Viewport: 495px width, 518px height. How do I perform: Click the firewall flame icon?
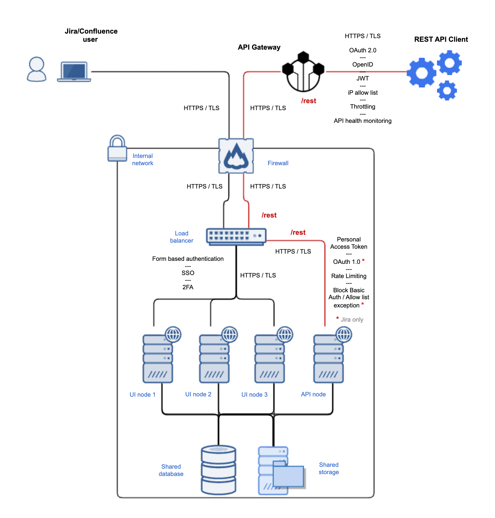pyautogui.click(x=236, y=156)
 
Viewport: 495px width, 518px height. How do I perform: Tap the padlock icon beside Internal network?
pyautogui.click(x=117, y=149)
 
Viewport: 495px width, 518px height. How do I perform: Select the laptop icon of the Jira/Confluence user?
pyautogui.click(x=74, y=72)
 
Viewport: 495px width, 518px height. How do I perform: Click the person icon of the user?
pyautogui.click(x=37, y=70)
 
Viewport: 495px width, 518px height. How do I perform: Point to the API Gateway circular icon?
pyautogui.click(x=303, y=73)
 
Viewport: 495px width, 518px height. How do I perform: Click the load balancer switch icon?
pyautogui.click(x=236, y=236)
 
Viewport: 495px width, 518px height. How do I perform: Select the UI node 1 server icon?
pyautogui.click(x=158, y=359)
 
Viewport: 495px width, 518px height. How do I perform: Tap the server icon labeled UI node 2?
pyautogui.click(x=214, y=359)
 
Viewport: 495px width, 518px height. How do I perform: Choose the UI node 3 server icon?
pyautogui.click(x=270, y=359)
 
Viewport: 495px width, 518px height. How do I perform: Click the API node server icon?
pyautogui.click(x=328, y=359)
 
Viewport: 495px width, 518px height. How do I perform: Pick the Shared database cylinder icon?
pyautogui.click(x=218, y=470)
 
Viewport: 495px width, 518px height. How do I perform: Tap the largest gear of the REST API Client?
pyautogui.click(x=422, y=73)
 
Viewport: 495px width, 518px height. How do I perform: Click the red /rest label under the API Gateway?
pyautogui.click(x=309, y=101)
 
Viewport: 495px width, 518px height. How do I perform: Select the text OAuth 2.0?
pyautogui.click(x=363, y=50)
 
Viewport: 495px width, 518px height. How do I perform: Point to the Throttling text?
pyautogui.click(x=363, y=107)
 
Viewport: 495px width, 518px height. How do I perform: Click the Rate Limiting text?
pyautogui.click(x=349, y=276)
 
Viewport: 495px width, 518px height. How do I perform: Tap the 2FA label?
pyautogui.click(x=188, y=287)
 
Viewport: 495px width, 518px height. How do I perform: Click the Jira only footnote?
pyautogui.click(x=352, y=320)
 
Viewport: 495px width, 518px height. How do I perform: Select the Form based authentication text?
pyautogui.click(x=188, y=259)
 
